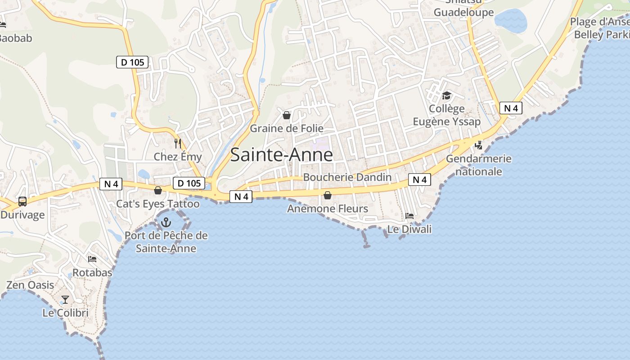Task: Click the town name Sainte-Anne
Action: pos(281,155)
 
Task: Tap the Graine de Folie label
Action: pos(287,128)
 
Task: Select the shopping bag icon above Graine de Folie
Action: pos(287,115)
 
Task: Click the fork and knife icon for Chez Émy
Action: pos(178,144)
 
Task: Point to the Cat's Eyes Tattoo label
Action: pos(158,204)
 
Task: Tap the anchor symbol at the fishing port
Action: pos(166,222)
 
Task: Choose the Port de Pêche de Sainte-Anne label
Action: pos(166,242)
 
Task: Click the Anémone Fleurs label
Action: pos(328,208)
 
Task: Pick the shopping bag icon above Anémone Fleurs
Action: pos(328,195)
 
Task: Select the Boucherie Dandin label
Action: pos(347,177)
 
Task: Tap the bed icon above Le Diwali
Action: pos(409,216)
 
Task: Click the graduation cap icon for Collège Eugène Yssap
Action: pos(446,95)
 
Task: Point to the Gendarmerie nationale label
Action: pos(479,165)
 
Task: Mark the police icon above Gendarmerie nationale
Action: pos(479,145)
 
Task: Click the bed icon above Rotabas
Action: pos(92,259)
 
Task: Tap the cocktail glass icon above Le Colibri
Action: pos(66,299)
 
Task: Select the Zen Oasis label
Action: pos(30,285)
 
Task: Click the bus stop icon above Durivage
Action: pos(22,201)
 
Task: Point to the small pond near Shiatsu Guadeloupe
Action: pos(511,20)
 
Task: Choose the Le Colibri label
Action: pos(66,312)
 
